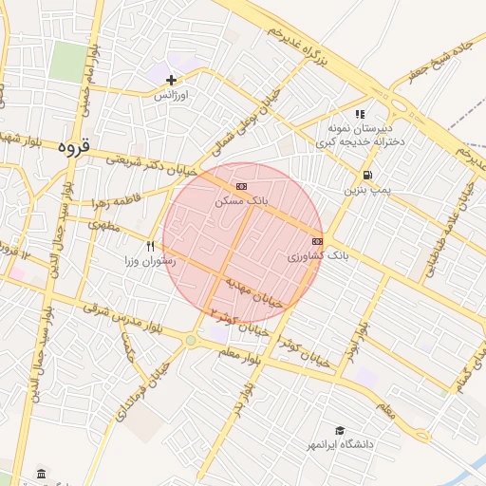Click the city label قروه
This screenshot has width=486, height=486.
click(73, 147)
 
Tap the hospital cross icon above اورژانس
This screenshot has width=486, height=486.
click(172, 80)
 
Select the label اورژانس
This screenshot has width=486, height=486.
click(172, 96)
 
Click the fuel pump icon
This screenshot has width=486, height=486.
click(366, 175)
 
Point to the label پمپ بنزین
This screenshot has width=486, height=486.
click(366, 191)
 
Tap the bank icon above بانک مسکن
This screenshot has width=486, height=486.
click(241, 185)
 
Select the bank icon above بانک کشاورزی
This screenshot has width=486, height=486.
click(316, 241)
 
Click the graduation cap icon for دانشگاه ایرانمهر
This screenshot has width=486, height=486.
click(339, 430)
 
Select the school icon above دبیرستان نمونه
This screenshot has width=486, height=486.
click(361, 114)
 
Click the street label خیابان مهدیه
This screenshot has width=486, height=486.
click(254, 294)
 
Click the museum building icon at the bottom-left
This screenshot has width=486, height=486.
click(40, 473)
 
